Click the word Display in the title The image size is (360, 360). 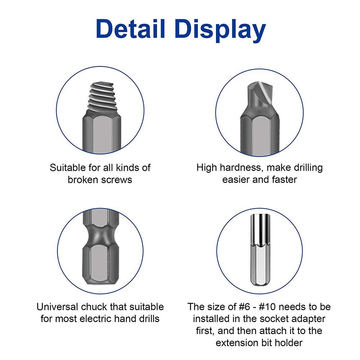220,30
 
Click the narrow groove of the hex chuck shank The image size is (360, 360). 100,236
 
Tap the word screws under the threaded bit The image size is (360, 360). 114,180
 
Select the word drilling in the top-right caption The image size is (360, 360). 305,168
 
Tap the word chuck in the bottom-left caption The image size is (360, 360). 101,307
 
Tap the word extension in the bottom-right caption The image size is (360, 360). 235,343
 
